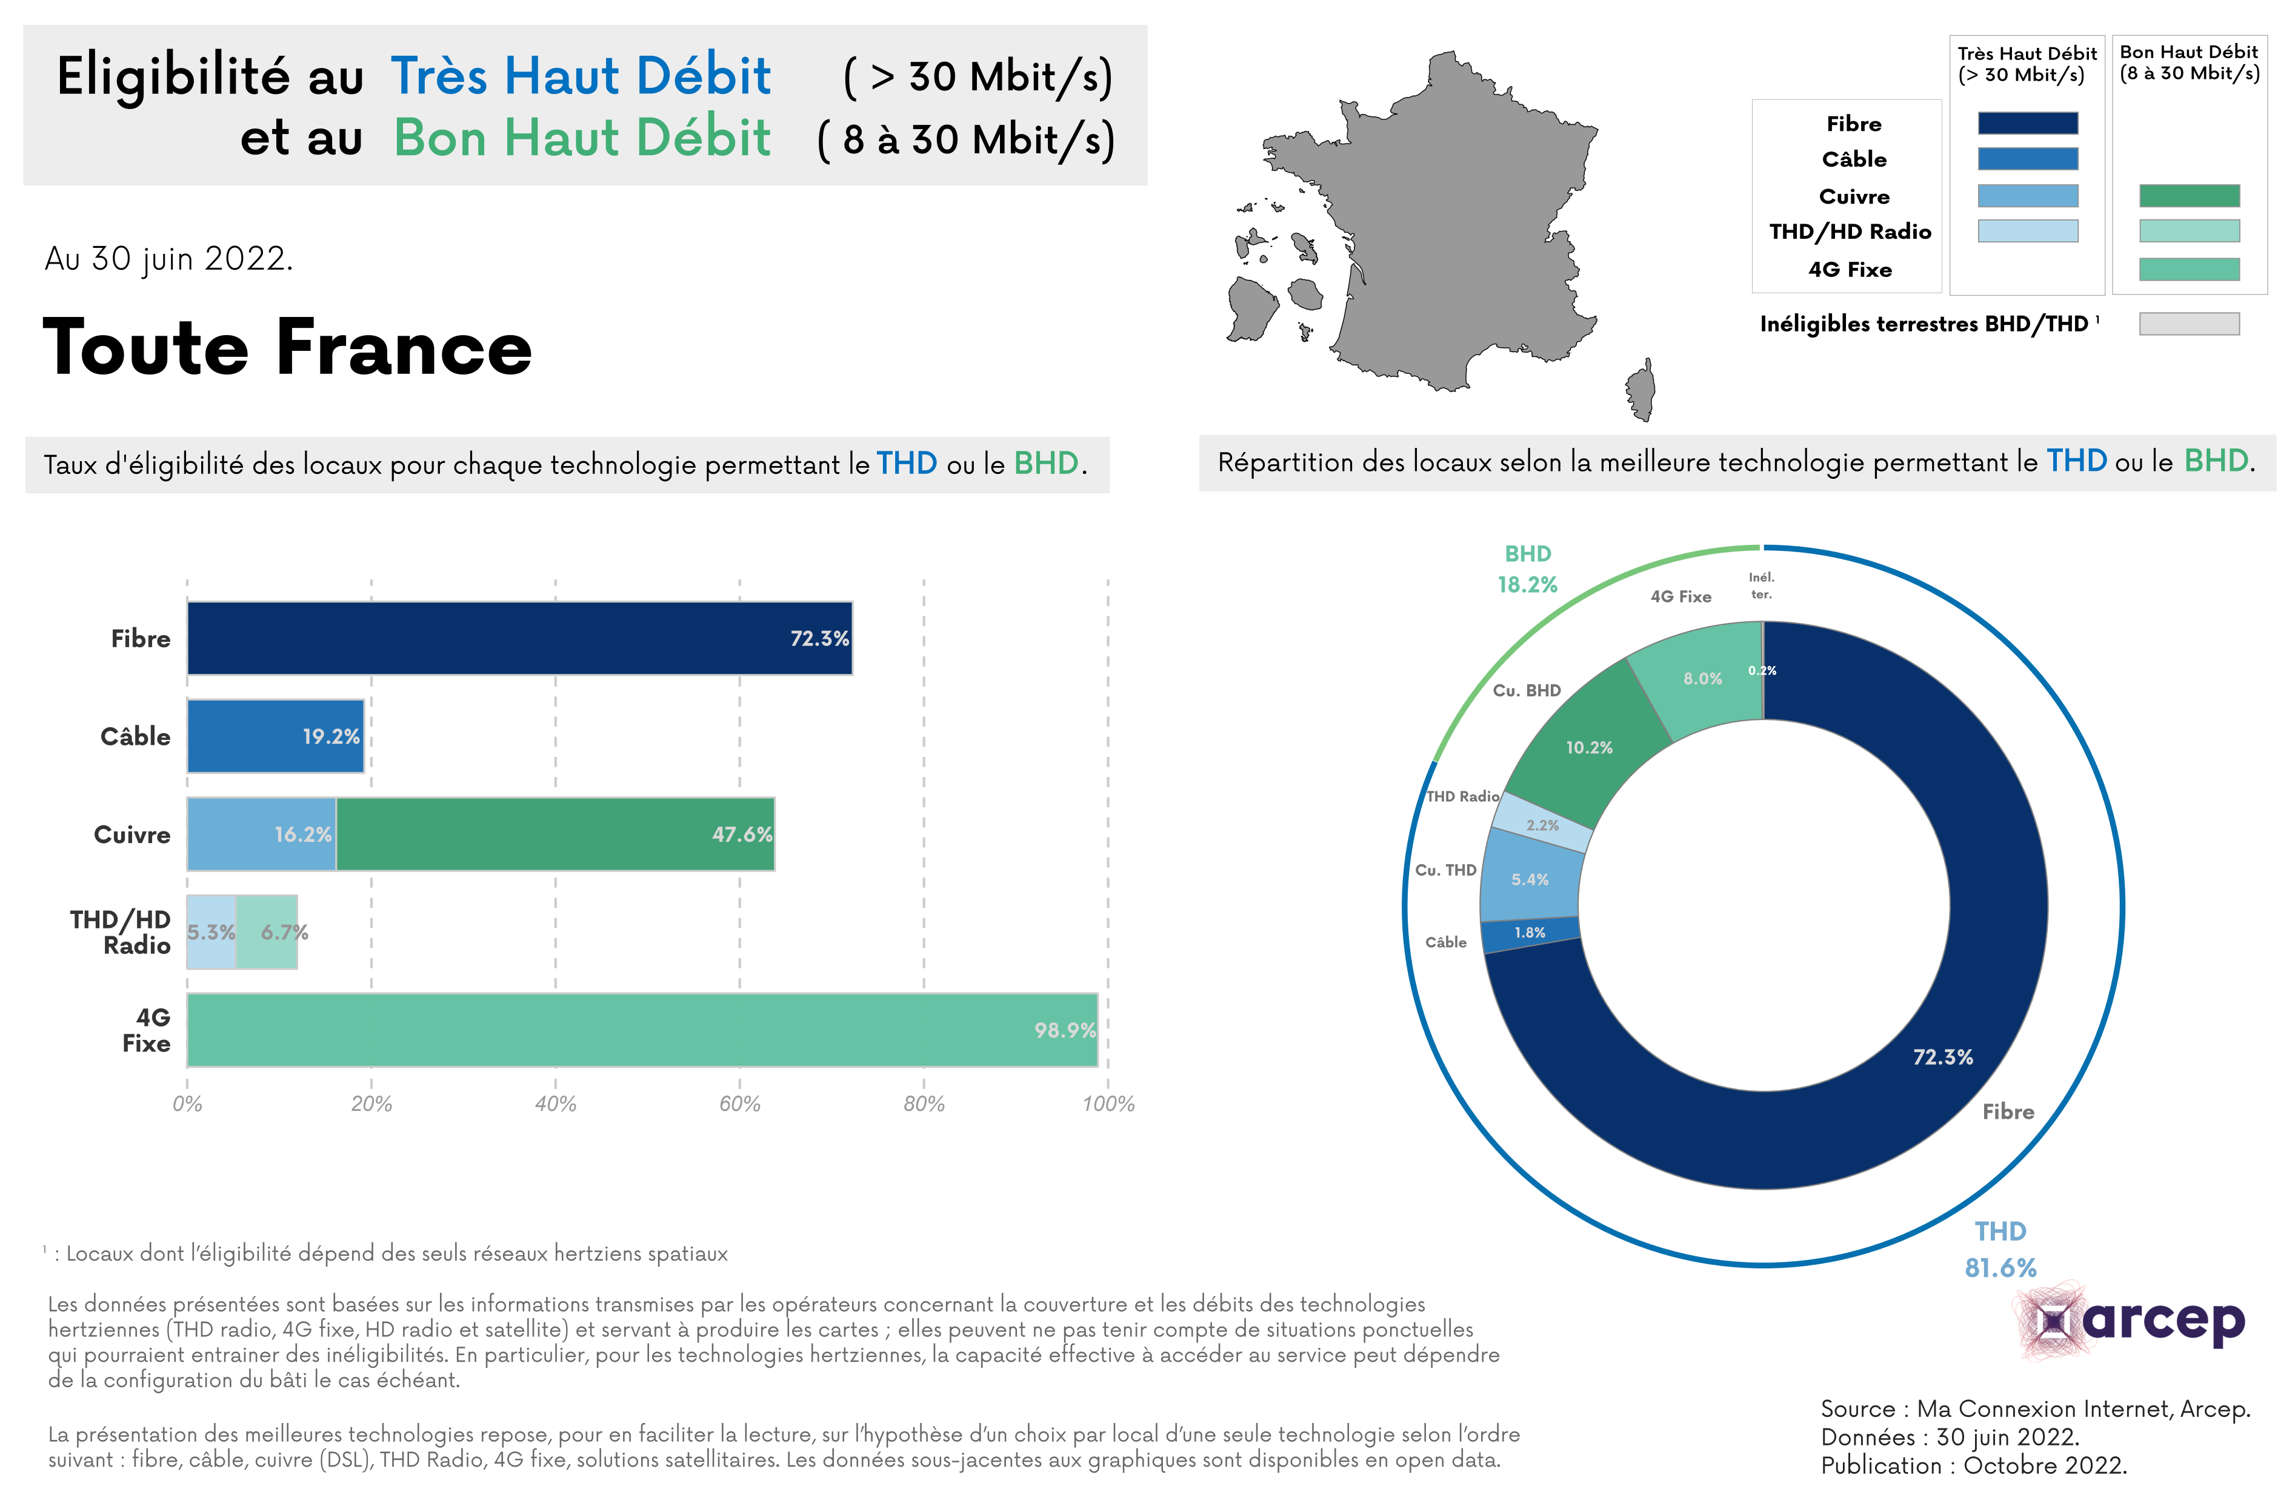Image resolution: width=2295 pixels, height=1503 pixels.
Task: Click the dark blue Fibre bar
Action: [519, 638]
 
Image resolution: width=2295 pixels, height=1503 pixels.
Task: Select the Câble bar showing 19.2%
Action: [275, 736]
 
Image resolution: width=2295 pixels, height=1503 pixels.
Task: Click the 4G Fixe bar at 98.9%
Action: [641, 1030]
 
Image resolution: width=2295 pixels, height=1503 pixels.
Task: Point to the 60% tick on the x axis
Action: [739, 1104]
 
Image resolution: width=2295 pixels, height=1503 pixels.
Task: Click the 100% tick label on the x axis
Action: [1108, 1104]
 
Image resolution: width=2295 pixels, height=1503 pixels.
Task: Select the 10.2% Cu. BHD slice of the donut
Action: [1588, 747]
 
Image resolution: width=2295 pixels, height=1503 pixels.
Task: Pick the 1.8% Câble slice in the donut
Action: [1530, 932]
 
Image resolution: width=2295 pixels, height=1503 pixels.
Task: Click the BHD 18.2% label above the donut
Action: [1527, 569]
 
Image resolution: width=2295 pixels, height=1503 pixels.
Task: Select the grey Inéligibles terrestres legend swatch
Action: [2189, 324]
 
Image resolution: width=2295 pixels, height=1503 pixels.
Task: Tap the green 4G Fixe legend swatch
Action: [2189, 269]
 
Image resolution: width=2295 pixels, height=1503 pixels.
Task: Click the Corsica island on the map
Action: [1641, 390]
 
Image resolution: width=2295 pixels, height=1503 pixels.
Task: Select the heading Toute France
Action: [287, 347]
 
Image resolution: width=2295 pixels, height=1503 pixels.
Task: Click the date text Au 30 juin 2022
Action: [168, 258]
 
